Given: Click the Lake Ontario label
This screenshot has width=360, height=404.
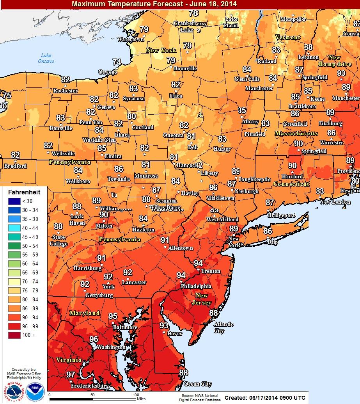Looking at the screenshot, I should click(46, 58).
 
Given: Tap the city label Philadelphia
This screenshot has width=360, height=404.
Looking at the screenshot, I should click(196, 286).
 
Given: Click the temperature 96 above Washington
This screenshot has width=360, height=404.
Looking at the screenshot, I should click(94, 339).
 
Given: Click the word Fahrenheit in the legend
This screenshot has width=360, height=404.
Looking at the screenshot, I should click(24, 192).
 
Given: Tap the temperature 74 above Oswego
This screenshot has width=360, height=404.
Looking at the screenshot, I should click(117, 62).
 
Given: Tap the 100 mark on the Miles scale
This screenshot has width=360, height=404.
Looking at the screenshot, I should click(136, 395).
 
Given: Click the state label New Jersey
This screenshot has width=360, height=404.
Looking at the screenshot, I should click(202, 299).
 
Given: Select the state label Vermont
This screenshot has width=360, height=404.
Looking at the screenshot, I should click(288, 37).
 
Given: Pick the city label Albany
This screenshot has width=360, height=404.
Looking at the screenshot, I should click(250, 121).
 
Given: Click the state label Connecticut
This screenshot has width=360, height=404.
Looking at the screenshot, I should click(291, 184).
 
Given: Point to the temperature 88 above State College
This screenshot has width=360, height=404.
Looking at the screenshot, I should click(58, 226).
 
